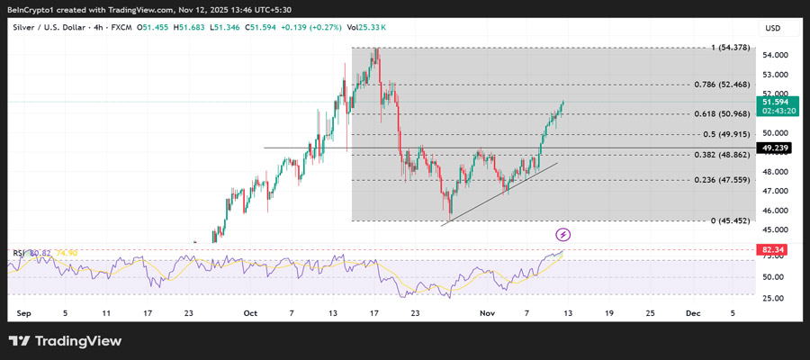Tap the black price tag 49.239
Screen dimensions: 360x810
tap(776, 148)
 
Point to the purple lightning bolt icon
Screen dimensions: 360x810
tap(563, 235)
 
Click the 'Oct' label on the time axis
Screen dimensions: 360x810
tap(250, 313)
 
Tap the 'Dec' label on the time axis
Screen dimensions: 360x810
tap(692, 313)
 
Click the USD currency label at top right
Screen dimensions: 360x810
tap(772, 28)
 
